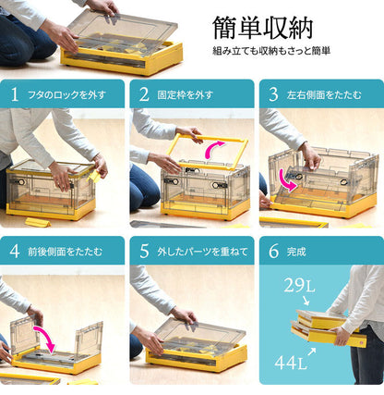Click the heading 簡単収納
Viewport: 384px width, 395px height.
pyautogui.click(x=262, y=27)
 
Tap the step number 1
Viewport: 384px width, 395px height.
pyautogui.click(x=15, y=93)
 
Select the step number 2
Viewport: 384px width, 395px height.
pyautogui.click(x=144, y=93)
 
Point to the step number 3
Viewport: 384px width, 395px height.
pyautogui.click(x=273, y=93)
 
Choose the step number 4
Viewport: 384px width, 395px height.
pyautogui.click(x=15, y=251)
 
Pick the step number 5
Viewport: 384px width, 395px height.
pyautogui.click(x=144, y=251)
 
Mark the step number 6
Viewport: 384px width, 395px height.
pyautogui.click(x=273, y=251)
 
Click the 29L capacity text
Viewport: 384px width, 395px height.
pyautogui.click(x=297, y=288)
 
